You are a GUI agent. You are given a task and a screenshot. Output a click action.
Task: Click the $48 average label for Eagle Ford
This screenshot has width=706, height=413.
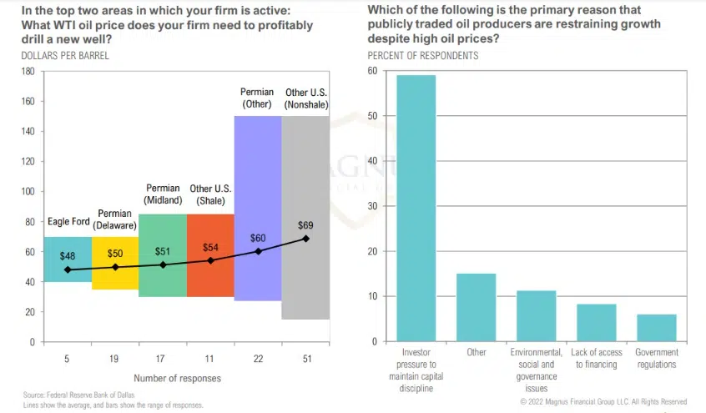68,256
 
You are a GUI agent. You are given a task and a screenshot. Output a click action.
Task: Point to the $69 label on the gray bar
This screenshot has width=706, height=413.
306,225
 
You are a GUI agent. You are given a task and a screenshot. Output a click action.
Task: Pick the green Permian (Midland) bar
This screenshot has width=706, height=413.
163,275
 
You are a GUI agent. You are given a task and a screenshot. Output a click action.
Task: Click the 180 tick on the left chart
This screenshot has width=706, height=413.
28,72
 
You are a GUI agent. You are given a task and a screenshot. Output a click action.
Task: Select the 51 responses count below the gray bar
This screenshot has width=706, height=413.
306,358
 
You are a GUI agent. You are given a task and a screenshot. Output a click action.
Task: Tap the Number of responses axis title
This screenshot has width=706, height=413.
177,378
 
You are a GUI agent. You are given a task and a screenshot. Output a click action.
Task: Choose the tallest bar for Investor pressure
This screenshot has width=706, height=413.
416,209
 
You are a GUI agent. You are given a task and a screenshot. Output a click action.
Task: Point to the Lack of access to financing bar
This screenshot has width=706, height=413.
596,322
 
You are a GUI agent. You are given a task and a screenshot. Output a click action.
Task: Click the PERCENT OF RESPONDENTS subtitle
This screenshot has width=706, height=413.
423,56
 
